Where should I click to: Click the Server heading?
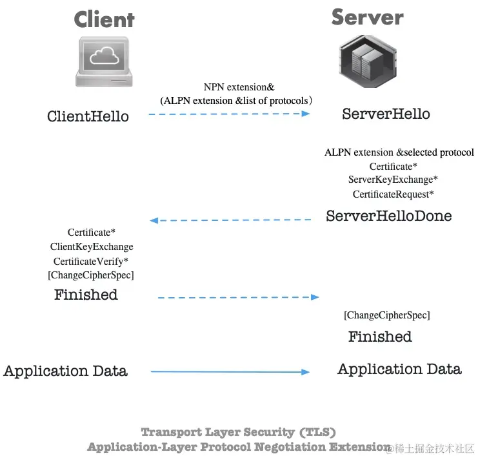click(367, 17)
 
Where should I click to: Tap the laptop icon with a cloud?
click(104, 61)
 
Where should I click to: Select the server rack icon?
click(366, 62)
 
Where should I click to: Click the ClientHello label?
click(88, 116)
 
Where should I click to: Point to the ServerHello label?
click(386, 114)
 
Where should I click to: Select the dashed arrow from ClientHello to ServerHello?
click(229, 114)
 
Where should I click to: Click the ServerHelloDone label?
click(388, 216)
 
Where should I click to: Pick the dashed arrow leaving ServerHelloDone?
click(230, 220)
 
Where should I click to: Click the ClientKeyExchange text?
click(92, 247)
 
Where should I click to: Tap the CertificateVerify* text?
click(91, 261)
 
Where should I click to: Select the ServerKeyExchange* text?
click(393, 180)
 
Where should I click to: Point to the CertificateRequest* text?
click(393, 194)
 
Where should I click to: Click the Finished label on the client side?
click(86, 295)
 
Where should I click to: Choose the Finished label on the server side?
click(380, 337)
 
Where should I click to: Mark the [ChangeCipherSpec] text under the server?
click(386, 315)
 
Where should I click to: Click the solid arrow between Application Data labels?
click(230, 372)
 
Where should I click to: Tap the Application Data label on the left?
click(65, 371)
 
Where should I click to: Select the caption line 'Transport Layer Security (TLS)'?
click(238, 432)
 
